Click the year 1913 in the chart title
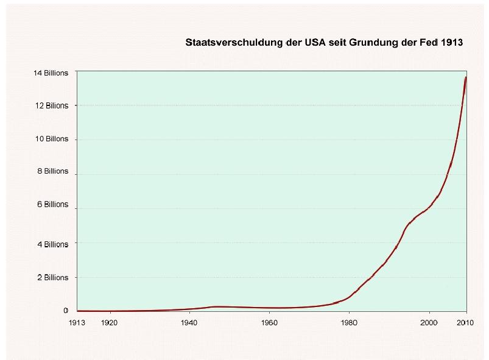click(x=451, y=43)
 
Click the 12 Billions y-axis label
click(x=52, y=106)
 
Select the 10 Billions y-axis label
click(x=52, y=139)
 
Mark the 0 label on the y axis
click(x=66, y=311)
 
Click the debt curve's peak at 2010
click(x=466, y=77)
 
